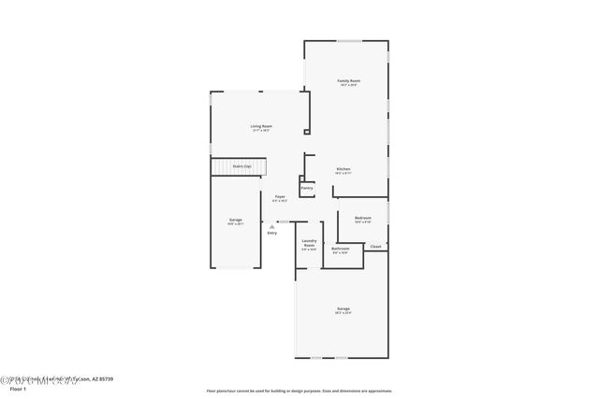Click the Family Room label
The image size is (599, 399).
[x=348, y=81]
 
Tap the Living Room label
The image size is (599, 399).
[x=261, y=126]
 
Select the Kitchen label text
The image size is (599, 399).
[x=343, y=169]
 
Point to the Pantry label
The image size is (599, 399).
[x=307, y=188]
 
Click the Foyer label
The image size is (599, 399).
[x=280, y=196]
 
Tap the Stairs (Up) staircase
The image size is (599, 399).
[x=239, y=167]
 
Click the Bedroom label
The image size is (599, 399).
[x=363, y=219]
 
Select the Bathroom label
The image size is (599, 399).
[x=340, y=249]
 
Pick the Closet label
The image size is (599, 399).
[x=375, y=247]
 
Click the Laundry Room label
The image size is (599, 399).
[x=309, y=243]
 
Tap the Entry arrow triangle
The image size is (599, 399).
[x=271, y=226]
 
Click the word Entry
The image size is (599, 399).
[x=271, y=233]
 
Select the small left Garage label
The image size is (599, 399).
[x=235, y=220]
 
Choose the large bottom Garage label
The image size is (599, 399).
[x=343, y=308]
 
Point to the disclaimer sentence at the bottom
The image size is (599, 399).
[x=299, y=391]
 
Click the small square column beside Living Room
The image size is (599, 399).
[x=306, y=133]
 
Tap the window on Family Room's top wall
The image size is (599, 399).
[x=349, y=41]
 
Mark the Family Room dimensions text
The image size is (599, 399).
[x=348, y=86]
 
